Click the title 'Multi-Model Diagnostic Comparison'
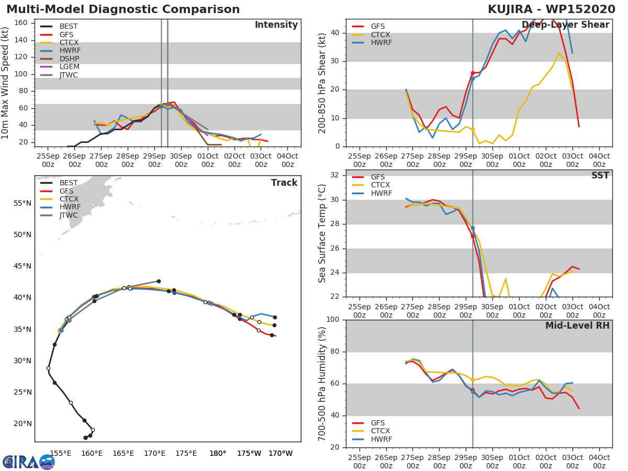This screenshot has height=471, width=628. click(123, 9)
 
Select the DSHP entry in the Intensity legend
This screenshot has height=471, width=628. click(69, 59)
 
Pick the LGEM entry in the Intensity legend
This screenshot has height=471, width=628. click(69, 67)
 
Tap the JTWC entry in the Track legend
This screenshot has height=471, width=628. click(69, 216)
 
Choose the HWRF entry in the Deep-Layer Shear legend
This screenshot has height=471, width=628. click(380, 43)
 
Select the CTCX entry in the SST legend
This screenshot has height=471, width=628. click(380, 185)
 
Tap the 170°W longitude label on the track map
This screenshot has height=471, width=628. click(281, 453)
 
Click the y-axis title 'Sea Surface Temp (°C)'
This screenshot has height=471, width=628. click(322, 233)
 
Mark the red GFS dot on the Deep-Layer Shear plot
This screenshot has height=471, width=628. click(473, 73)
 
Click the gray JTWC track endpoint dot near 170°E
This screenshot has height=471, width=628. click(159, 281)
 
